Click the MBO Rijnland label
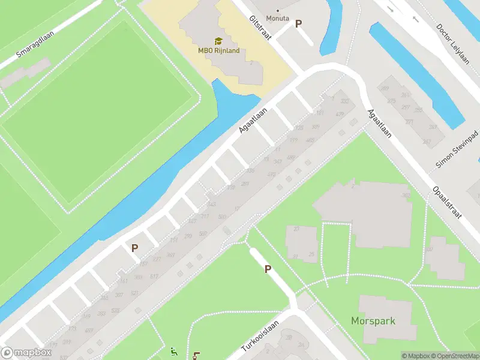click(219, 50)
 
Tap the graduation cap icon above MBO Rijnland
click(218, 41)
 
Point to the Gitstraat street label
click(260, 28)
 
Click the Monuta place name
click(278, 18)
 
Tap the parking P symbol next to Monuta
click(298, 23)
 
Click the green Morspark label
click(373, 321)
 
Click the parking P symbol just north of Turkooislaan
click(268, 269)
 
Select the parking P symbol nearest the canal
click(135, 247)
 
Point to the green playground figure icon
click(174, 352)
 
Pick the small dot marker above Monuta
click(278, 10)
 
